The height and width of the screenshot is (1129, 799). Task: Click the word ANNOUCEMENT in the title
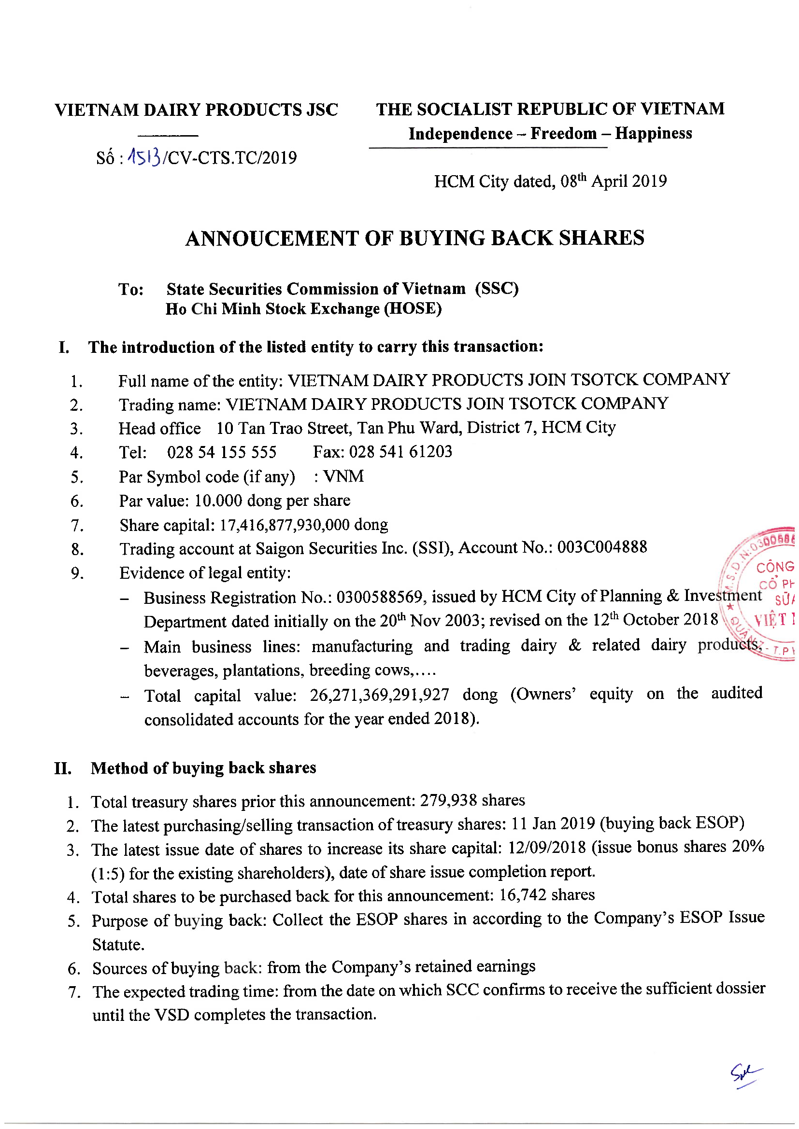click(271, 238)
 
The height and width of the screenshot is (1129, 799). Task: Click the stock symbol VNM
click(343, 476)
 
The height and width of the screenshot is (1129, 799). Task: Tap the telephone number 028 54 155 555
click(221, 452)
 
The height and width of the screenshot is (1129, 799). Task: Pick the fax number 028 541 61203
click(400, 451)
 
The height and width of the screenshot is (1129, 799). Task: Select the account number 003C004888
click(602, 547)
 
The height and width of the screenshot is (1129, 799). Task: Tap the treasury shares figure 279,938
click(448, 800)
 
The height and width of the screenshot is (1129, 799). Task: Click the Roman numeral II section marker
click(63, 768)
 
